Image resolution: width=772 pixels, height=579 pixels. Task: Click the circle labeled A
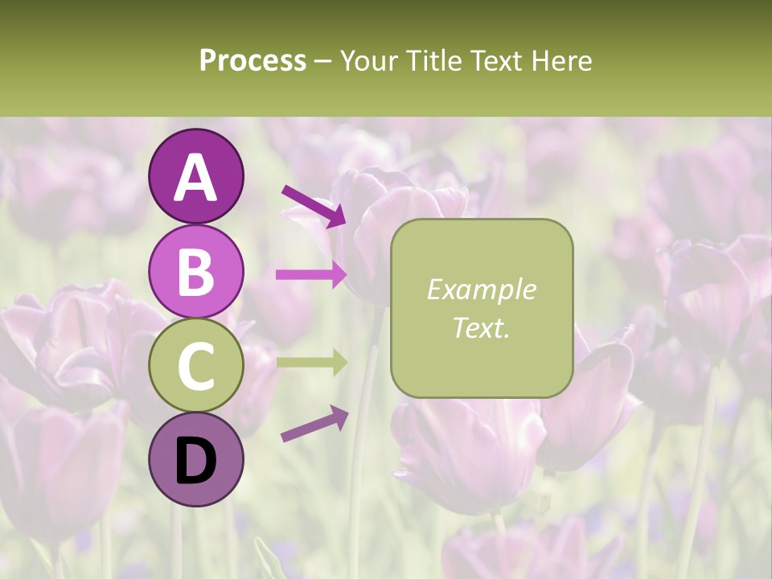coord(195,176)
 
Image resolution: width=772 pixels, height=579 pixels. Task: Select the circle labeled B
coord(195,271)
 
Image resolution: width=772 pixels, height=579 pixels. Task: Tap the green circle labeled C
coord(195,365)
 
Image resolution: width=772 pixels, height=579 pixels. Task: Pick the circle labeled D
coord(195,459)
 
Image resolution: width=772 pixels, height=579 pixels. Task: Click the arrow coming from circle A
coord(314,206)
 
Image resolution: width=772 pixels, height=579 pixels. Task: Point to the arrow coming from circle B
coord(311,274)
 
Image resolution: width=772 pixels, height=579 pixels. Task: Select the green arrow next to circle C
coord(311,362)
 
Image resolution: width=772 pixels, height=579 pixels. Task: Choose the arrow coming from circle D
coord(314,424)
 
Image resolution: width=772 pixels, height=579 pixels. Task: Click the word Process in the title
coord(253,60)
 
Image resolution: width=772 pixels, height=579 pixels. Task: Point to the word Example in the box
coord(481,290)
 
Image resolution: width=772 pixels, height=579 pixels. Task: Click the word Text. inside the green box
coord(481,327)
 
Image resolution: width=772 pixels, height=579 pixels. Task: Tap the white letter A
coord(195,178)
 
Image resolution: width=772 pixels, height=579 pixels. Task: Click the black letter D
coord(195,460)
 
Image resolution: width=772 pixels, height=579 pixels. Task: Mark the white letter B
coord(195,272)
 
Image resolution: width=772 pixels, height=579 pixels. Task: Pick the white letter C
coord(195,366)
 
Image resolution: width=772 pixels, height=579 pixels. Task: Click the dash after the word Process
coord(323,62)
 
